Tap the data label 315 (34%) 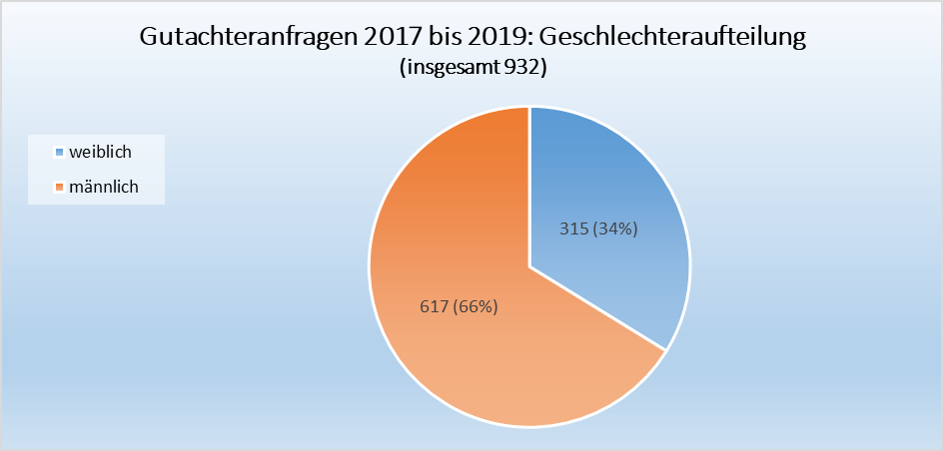596,228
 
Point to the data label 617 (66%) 457,306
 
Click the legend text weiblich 100,152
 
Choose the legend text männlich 103,186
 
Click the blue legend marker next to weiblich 59,153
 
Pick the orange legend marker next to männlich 59,187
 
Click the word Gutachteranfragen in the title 252,38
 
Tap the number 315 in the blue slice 572,228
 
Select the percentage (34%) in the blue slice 613,228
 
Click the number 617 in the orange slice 433,306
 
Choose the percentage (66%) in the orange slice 474,306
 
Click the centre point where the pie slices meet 529,266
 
